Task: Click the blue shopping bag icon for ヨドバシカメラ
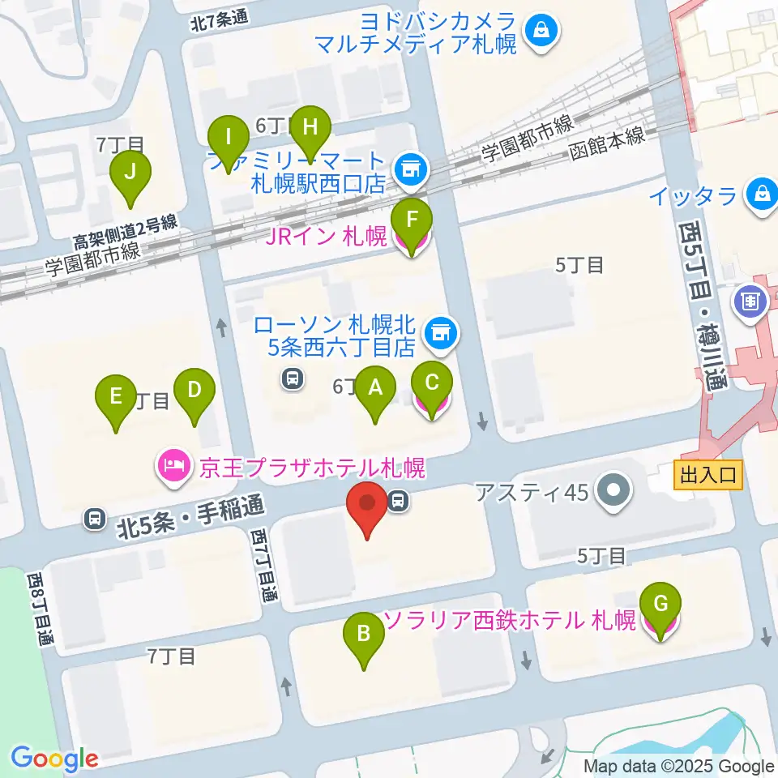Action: (538, 31)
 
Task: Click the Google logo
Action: (54, 759)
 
